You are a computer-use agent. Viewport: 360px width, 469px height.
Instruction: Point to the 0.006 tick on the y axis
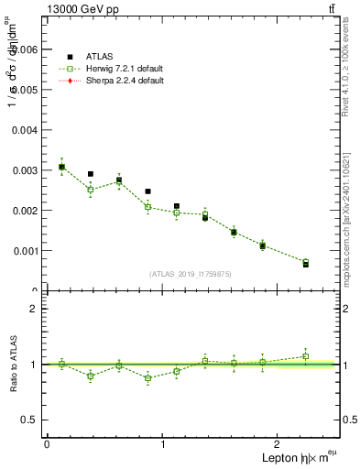coord(26,49)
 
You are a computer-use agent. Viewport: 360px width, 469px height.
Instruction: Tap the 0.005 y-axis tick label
coord(26,90)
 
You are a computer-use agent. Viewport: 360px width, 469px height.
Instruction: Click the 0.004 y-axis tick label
coord(26,130)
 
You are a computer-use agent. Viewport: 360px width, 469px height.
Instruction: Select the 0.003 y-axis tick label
coord(26,170)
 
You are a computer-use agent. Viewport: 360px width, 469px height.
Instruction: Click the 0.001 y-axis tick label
coord(26,250)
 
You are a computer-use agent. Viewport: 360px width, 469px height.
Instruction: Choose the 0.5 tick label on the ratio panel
coord(29,420)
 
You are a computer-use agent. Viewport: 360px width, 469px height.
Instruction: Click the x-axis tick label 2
coord(279,444)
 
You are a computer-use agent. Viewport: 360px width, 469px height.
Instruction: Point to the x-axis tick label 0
coord(47,444)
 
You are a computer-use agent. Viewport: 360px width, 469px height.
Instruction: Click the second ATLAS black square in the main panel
coord(91,174)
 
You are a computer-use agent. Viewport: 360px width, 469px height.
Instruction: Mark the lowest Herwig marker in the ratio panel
coord(147,377)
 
